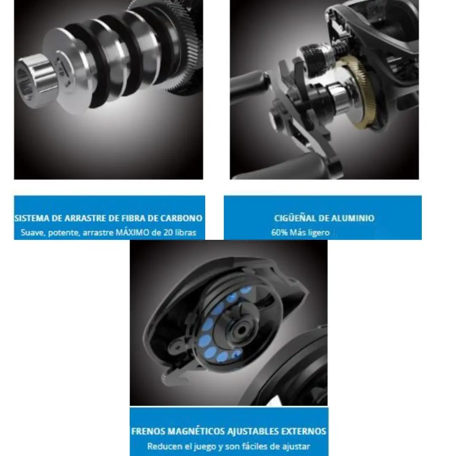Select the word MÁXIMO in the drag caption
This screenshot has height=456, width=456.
coord(132,233)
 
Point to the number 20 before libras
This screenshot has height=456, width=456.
coord(168,233)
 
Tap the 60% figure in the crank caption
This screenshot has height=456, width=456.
coord(279,233)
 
